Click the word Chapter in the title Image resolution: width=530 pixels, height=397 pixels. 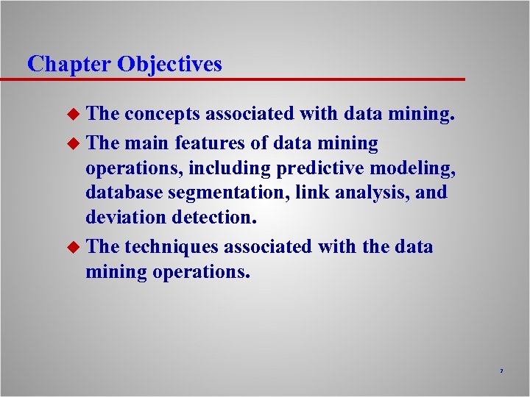pyautogui.click(x=68, y=64)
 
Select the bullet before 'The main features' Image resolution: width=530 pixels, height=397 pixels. pyautogui.click(x=73, y=144)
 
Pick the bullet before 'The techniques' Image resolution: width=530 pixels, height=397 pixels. pyautogui.click(x=73, y=247)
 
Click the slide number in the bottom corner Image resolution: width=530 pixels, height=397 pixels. pyautogui.click(x=501, y=371)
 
